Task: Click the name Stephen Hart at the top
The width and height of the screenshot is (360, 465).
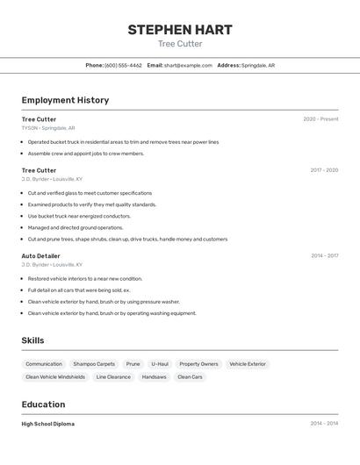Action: coord(180,29)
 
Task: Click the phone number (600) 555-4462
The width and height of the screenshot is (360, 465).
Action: coord(123,65)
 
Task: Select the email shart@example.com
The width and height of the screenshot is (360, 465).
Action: coord(187,65)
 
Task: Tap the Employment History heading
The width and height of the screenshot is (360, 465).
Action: coord(65,100)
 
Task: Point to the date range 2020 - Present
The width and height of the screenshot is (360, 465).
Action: coord(320,119)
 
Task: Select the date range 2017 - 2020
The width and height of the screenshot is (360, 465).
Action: coord(324,170)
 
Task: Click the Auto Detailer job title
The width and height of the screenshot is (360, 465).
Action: coord(42,255)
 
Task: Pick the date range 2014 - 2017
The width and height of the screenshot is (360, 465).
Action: coord(324,256)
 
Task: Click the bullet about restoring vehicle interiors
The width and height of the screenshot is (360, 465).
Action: coord(84,278)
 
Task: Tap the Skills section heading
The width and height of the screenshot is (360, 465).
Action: coord(32,340)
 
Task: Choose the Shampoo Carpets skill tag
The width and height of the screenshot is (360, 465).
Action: coord(94,363)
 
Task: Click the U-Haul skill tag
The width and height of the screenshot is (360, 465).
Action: coord(160,363)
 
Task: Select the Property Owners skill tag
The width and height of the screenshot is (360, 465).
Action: coord(198,363)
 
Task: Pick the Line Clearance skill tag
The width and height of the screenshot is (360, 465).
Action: coord(113,376)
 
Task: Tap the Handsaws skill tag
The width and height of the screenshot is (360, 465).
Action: coord(154,376)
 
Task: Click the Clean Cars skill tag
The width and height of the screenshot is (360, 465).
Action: coord(190,376)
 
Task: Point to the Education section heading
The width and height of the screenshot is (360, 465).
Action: coord(43,404)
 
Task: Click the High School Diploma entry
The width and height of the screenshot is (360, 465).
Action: coord(47,424)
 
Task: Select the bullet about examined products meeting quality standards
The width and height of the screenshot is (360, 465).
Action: coord(91,204)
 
